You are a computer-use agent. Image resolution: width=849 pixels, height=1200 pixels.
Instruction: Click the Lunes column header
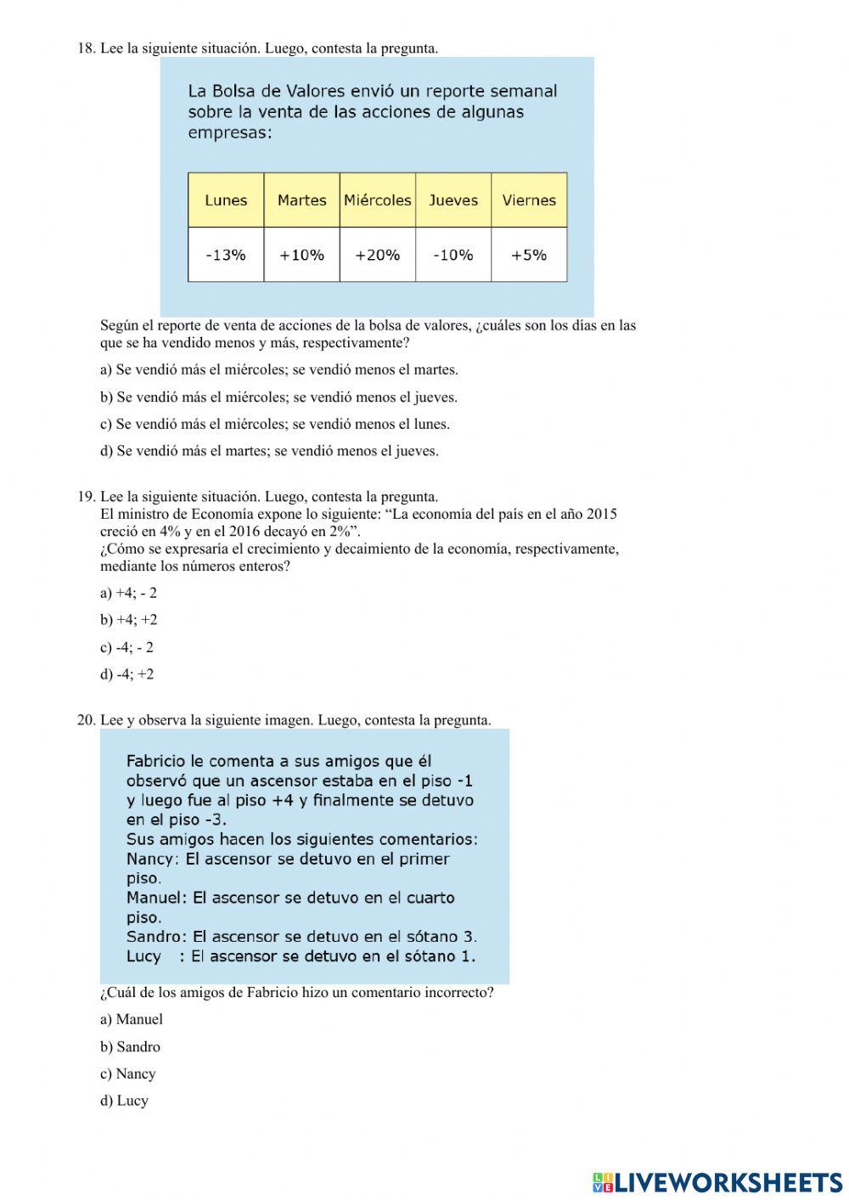point(226,200)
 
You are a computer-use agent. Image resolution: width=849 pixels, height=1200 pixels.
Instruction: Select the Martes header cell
point(301,200)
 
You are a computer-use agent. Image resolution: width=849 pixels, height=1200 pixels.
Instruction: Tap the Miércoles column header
point(377,200)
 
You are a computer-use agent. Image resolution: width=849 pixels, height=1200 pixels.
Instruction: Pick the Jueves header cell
point(453,200)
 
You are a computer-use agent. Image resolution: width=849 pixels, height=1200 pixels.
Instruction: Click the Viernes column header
point(529,200)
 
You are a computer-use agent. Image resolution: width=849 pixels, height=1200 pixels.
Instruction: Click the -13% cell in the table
point(226,255)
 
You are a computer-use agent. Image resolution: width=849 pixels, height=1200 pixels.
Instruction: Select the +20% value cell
point(377,255)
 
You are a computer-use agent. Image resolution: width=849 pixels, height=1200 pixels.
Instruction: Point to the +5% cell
point(529,255)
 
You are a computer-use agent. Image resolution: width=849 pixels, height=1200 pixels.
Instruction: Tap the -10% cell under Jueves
point(453,255)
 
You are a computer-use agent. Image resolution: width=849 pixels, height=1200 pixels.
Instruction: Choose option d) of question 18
point(269,451)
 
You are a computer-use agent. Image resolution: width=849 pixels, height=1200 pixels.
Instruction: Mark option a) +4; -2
point(128,593)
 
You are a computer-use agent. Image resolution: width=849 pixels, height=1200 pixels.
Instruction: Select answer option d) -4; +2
point(127,674)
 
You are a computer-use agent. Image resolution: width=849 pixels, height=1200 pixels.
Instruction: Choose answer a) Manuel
point(132,1019)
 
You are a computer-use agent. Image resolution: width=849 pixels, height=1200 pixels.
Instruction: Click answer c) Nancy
point(128,1073)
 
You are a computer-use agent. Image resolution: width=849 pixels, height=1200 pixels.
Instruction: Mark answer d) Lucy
point(124,1101)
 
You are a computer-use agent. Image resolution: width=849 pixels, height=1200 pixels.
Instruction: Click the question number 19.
point(86,497)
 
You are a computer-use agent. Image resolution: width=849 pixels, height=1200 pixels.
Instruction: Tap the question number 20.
point(86,720)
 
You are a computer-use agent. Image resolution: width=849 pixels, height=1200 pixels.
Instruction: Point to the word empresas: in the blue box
point(230,133)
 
